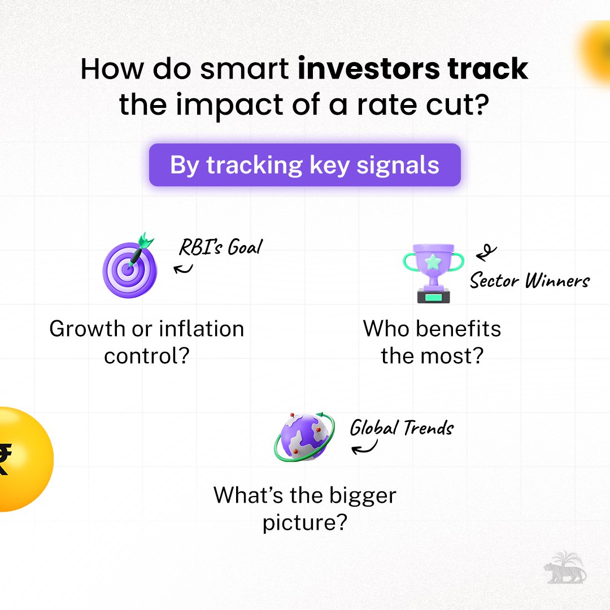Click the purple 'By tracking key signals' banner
tap(304, 165)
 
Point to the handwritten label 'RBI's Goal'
tap(221, 247)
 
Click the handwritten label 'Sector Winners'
tap(529, 280)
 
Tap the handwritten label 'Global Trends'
tap(402, 428)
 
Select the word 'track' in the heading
tap(487, 69)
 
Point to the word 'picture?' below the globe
tap(304, 522)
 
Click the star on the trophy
tap(433, 262)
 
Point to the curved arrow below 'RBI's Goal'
tap(184, 267)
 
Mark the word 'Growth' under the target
tap(80, 329)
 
